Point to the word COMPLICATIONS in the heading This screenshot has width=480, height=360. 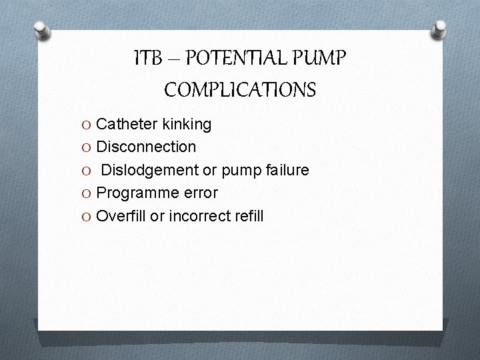point(240,89)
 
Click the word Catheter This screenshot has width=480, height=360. point(127,124)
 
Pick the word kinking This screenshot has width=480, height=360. point(187,124)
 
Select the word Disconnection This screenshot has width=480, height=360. point(146,147)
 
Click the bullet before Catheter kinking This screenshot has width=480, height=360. point(88,125)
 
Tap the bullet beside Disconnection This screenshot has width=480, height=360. point(88,147)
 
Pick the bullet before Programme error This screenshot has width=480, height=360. point(88,193)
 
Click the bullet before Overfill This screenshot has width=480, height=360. point(88,217)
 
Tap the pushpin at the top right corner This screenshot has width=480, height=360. point(439,29)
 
